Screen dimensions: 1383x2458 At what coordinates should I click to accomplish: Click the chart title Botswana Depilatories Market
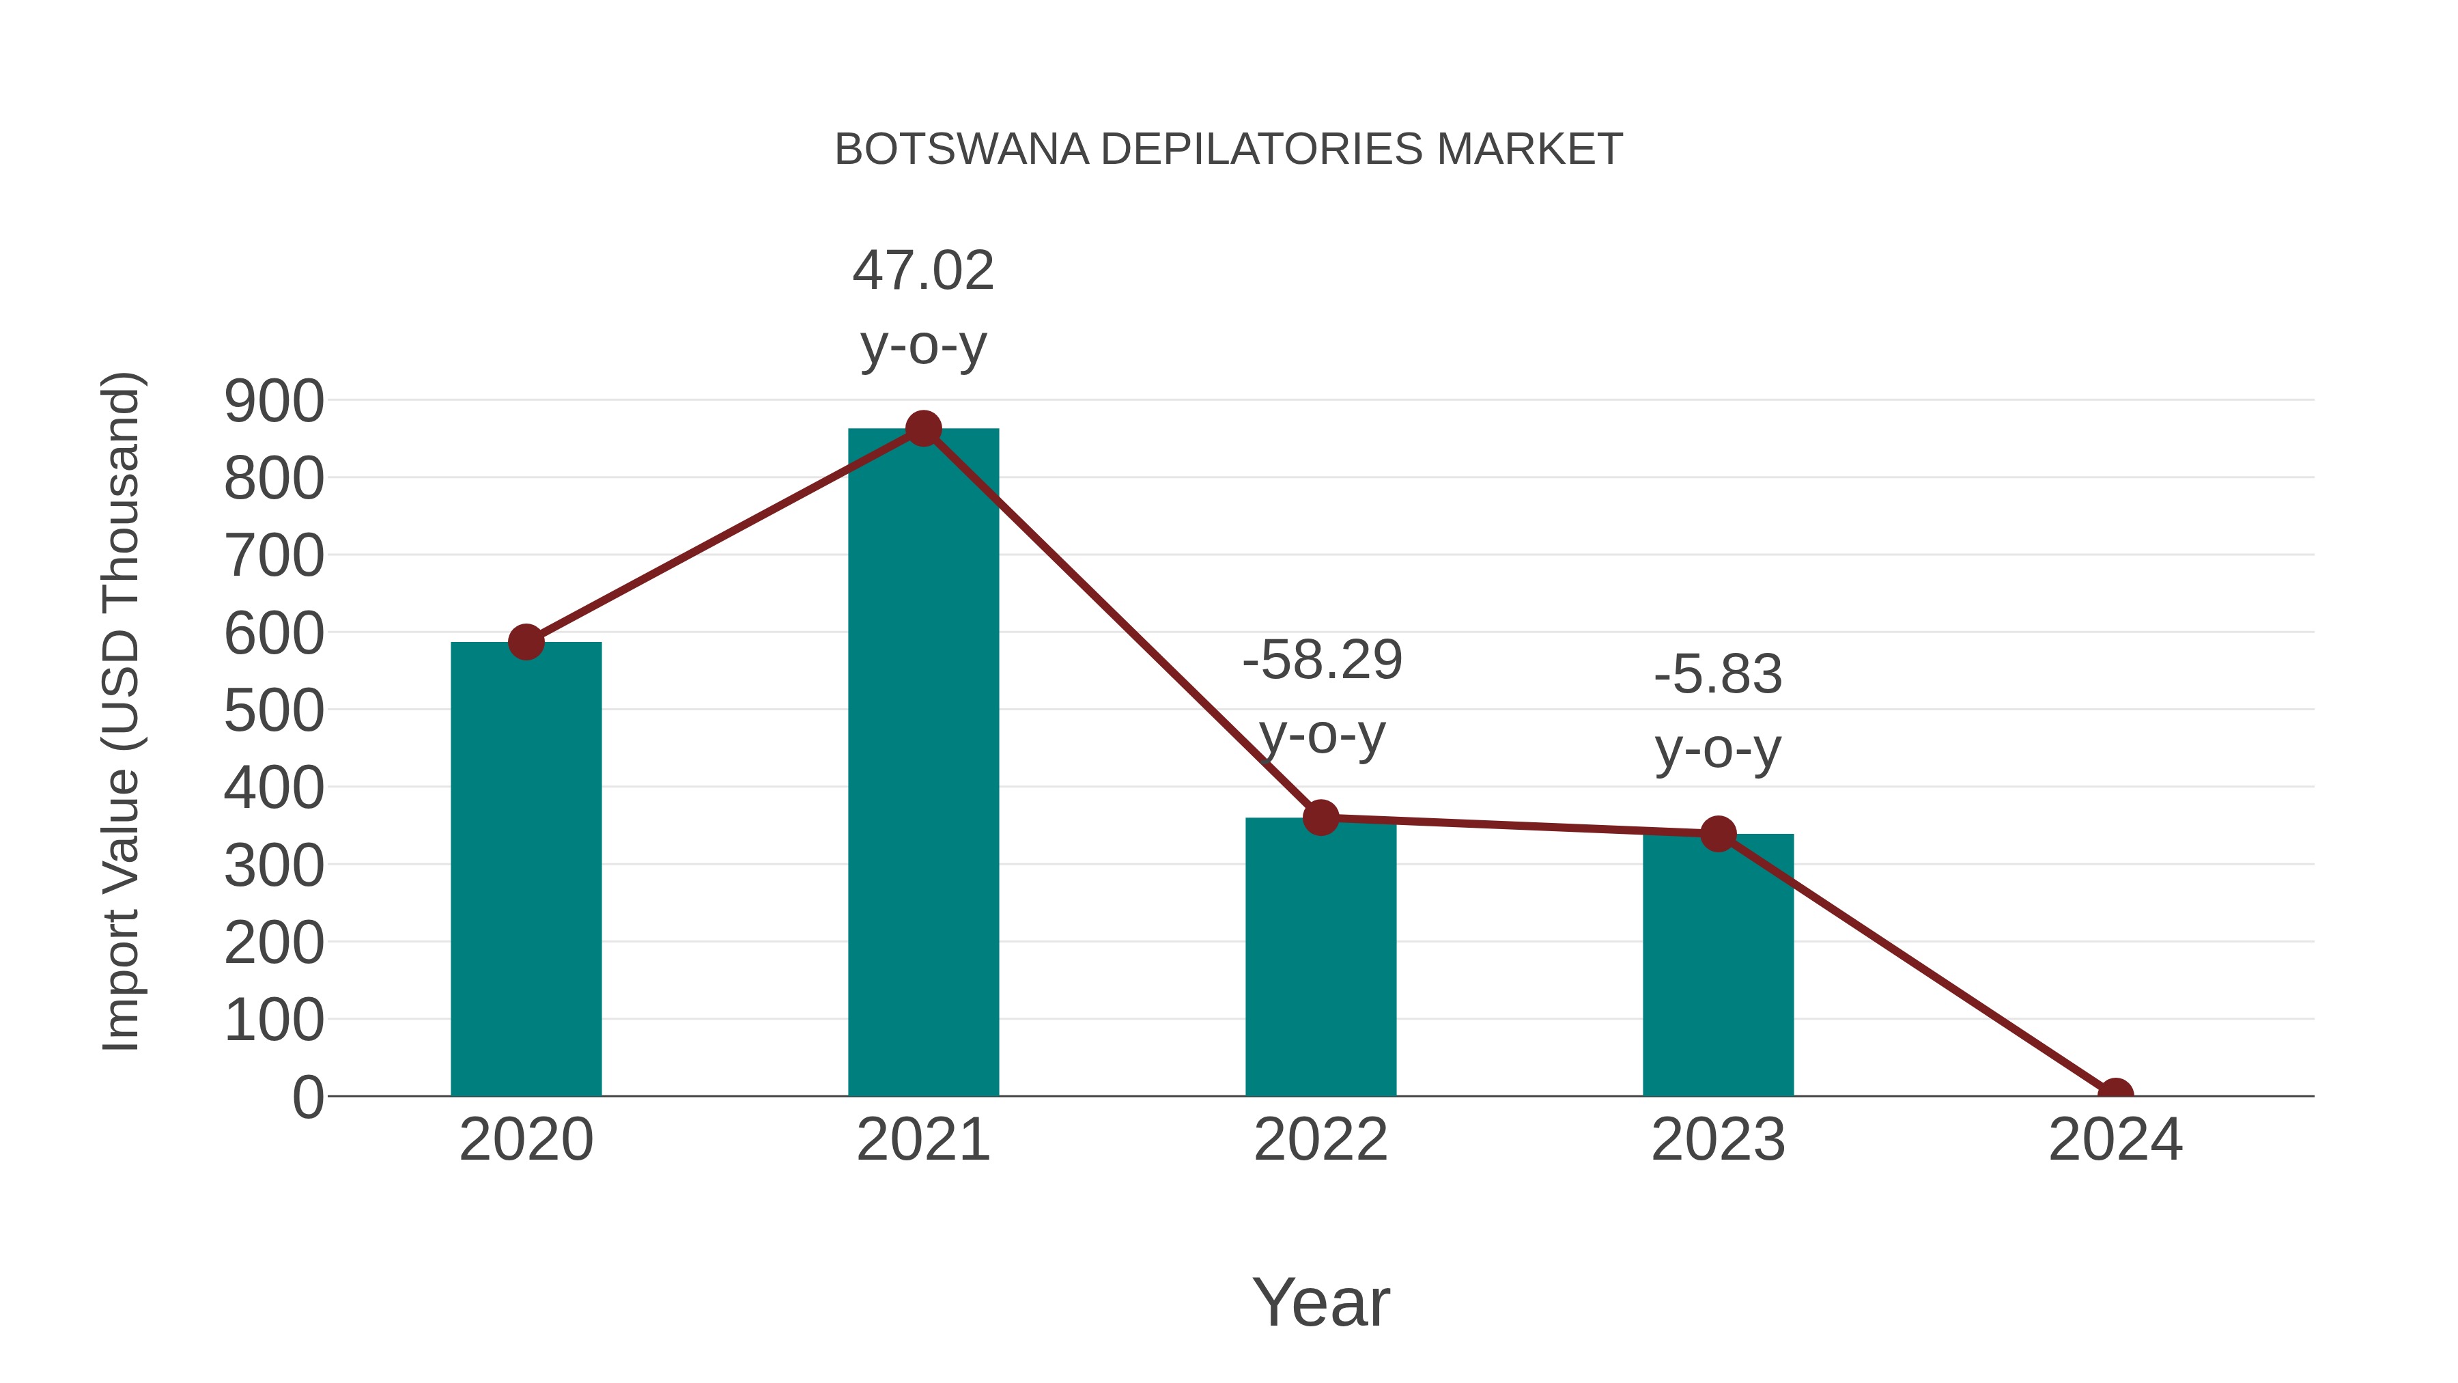(1228, 150)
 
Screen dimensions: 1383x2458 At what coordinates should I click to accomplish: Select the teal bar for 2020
(526, 869)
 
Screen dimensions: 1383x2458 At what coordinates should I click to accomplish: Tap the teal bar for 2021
(922, 764)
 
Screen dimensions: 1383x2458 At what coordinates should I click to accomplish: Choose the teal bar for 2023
(1718, 964)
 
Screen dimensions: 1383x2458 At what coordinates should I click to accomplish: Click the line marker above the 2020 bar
(526, 643)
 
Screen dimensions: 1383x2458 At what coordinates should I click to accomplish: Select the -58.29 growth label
(1322, 696)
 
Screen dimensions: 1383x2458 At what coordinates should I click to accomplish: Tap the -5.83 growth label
(1718, 710)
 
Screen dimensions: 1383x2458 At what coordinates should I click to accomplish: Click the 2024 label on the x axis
(2115, 1140)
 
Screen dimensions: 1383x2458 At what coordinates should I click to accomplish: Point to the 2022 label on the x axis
(1320, 1140)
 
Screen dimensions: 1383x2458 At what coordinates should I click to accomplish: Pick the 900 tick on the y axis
(274, 401)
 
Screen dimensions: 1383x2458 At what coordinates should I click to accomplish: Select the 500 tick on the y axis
(274, 711)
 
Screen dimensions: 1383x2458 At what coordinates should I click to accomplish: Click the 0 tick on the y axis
(307, 1098)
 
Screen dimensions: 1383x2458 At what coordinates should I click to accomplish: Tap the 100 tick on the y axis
(274, 1020)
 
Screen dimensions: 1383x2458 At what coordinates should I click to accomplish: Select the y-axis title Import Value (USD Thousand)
(122, 711)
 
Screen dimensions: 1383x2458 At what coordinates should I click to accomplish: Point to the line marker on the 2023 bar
(1718, 834)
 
